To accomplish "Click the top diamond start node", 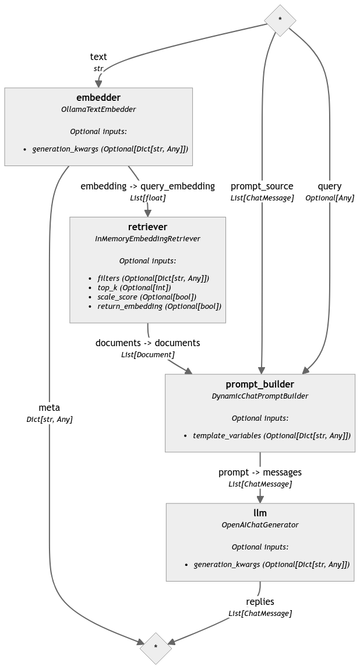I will pyautogui.click(x=280, y=19).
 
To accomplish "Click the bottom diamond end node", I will pyautogui.click(x=156, y=647).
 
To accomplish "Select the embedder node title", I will pyautogui.click(x=98, y=97).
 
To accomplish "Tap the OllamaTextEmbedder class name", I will pyautogui.click(x=98, y=109).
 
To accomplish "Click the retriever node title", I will pyautogui.click(x=147, y=227).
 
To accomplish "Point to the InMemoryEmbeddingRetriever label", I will pyautogui.click(x=147, y=238).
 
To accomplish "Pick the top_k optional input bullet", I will pyautogui.click(x=134, y=287).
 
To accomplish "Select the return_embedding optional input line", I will pyautogui.click(x=159, y=306).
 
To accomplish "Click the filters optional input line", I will pyautogui.click(x=153, y=278).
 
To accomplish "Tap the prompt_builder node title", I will pyautogui.click(x=260, y=384).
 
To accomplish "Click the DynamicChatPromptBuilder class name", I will pyautogui.click(x=260, y=396).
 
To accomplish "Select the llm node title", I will pyautogui.click(x=260, y=513).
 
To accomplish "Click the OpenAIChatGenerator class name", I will pyautogui.click(x=260, y=524).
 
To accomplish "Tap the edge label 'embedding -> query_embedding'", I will pyautogui.click(x=147, y=186).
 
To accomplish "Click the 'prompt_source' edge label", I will pyautogui.click(x=262, y=186).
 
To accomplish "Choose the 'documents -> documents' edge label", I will pyautogui.click(x=147, y=343).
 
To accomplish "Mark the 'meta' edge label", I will pyautogui.click(x=50, y=407).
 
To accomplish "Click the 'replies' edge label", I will pyautogui.click(x=260, y=601).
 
